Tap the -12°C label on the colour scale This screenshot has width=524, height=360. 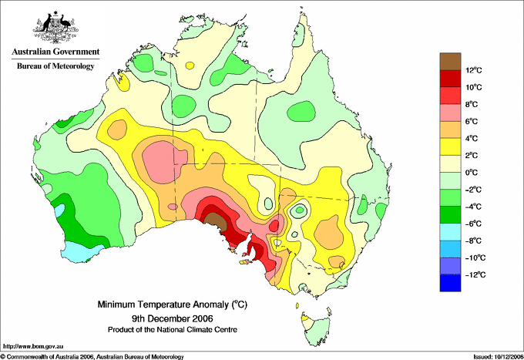pyautogui.click(x=473, y=274)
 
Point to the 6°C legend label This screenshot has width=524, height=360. pyautogui.click(x=473, y=121)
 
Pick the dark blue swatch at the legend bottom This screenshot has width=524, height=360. pyautogui.click(x=451, y=283)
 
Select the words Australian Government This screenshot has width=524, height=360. pyautogui.click(x=55, y=52)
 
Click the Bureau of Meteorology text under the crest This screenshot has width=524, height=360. pyautogui.click(x=55, y=66)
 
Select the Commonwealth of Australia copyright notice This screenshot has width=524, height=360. pyautogui.click(x=92, y=356)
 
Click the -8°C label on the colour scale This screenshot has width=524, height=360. pyautogui.click(x=473, y=240)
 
